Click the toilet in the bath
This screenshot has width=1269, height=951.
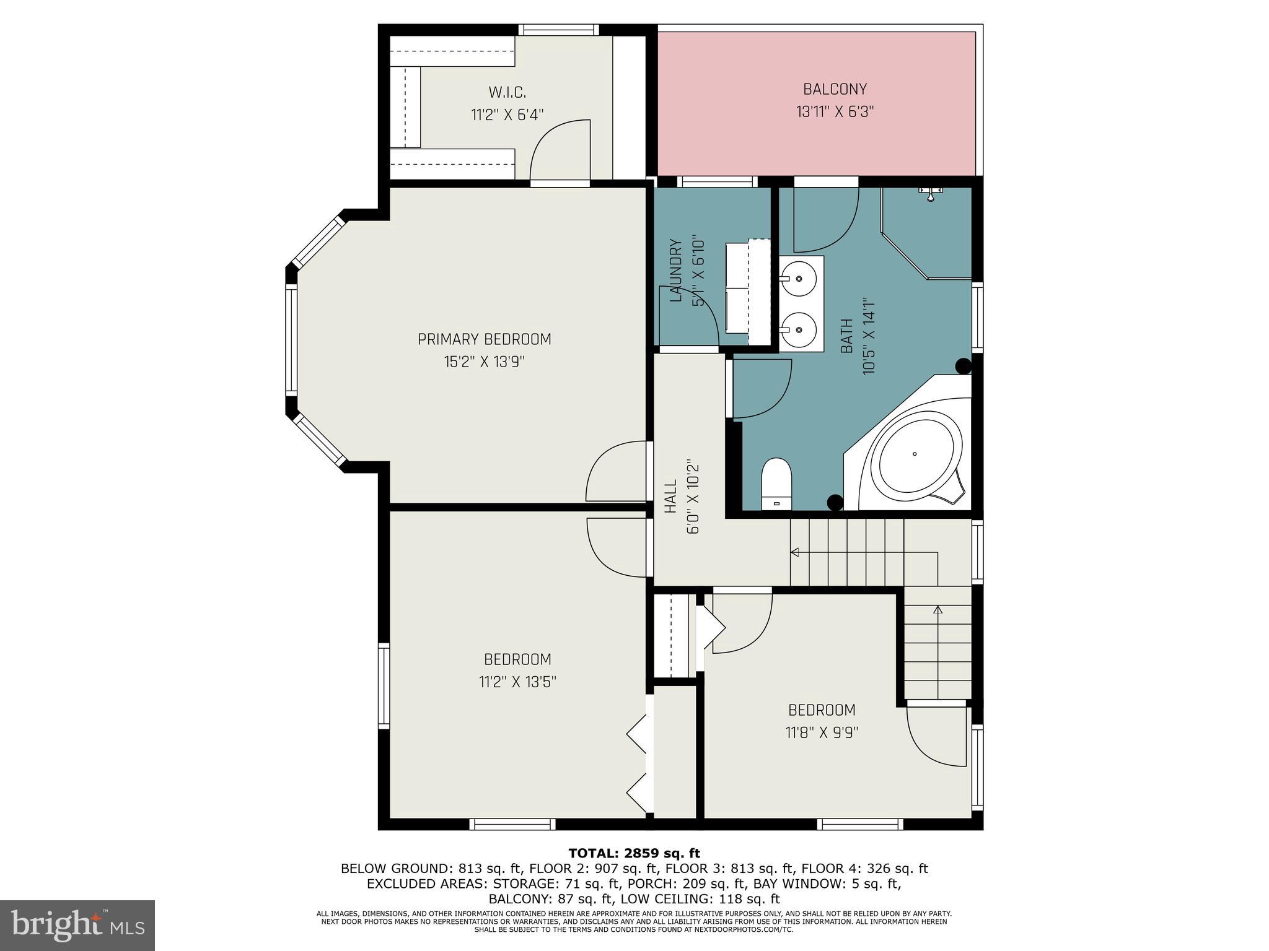777,484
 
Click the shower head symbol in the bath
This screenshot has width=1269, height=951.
930,193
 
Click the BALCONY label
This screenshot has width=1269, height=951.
835,89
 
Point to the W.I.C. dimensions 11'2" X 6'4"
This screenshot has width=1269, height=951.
507,115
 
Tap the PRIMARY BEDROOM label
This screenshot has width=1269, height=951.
484,339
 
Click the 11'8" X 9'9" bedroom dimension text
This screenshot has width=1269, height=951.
822,733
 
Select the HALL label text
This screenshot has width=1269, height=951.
670,497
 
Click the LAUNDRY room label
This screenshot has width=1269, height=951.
676,271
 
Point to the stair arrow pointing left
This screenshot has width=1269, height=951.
795,552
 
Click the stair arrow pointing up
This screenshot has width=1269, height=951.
937,610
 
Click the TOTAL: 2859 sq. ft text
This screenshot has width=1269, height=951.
634,854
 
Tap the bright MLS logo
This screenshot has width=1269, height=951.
77,925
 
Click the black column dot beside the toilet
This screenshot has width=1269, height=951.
835,502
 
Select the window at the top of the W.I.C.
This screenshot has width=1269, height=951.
558,30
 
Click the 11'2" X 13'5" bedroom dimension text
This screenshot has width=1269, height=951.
517,682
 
